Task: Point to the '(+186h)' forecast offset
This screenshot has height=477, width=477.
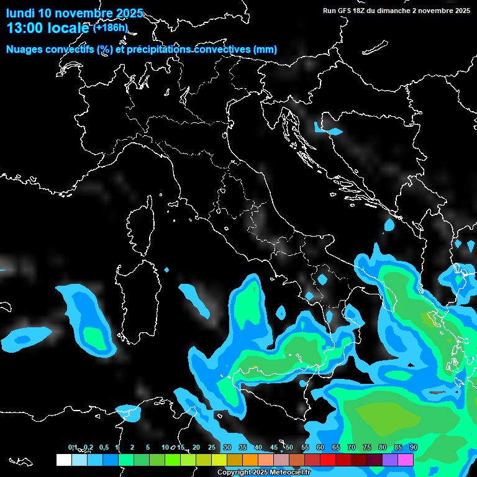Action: point(110,27)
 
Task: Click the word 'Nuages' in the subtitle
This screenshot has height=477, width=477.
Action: point(25,50)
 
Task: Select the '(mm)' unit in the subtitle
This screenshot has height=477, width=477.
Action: point(265,50)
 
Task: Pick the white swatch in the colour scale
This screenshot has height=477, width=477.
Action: point(63,460)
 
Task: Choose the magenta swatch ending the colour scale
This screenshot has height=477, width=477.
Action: point(406,460)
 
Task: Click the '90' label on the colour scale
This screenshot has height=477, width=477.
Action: point(413,448)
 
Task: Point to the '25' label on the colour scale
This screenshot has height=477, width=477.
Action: point(212,448)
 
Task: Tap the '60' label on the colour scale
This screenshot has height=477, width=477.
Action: point(320,448)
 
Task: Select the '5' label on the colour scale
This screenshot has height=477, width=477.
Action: point(148,448)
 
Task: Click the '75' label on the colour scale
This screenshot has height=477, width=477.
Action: point(367,448)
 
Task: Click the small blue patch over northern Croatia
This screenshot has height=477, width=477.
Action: point(327,129)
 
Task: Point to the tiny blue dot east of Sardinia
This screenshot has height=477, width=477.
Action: point(166,270)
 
